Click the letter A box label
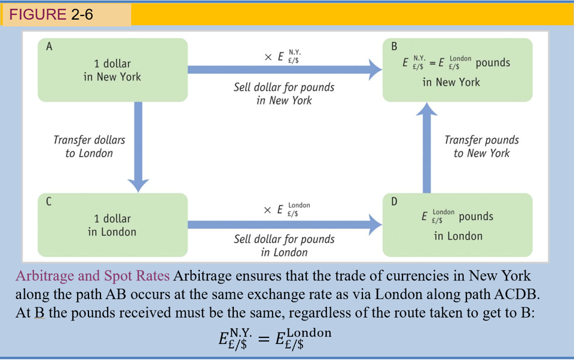pyautogui.click(x=49, y=47)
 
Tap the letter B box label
pyautogui.click(x=394, y=47)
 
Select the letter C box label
pyautogui.click(x=49, y=202)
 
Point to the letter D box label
pyautogui.click(x=394, y=202)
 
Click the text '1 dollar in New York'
pyautogui.click(x=112, y=70)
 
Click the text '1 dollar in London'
pyautogui.click(x=112, y=225)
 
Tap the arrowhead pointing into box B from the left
pyautogui.click(x=375, y=69)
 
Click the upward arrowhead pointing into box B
pyautogui.click(x=426, y=109)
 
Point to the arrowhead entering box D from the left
pyautogui.click(x=375, y=225)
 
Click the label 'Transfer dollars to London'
pyautogui.click(x=89, y=147)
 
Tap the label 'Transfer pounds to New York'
pyautogui.click(x=481, y=147)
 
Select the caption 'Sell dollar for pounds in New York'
pyautogui.click(x=284, y=94)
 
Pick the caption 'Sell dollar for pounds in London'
pyautogui.click(x=284, y=246)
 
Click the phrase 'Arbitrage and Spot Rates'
pyautogui.click(x=93, y=276)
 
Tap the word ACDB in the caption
pyautogui.click(x=500, y=294)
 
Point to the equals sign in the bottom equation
pyautogui.click(x=262, y=339)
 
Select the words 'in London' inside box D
pyautogui.click(x=458, y=236)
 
